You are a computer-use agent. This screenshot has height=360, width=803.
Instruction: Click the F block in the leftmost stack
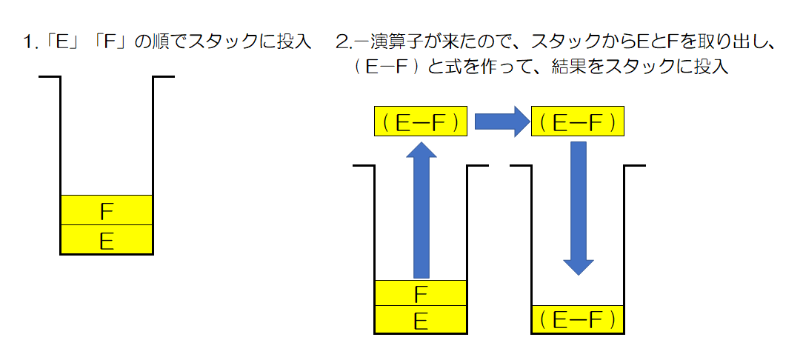click(x=106, y=210)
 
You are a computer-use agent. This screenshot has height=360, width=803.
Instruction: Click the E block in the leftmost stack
click(x=106, y=240)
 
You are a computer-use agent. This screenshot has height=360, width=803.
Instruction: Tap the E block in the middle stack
click(x=421, y=321)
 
